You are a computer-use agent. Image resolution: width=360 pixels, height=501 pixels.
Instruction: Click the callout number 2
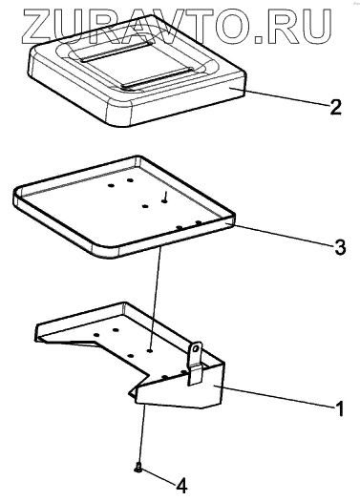336,107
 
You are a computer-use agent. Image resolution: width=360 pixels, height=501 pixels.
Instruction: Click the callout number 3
340,246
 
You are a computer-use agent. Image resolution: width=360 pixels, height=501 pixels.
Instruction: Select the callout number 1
340,408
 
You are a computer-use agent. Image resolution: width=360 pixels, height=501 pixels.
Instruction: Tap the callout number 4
181,486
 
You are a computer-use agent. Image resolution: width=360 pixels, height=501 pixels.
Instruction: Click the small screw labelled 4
138,468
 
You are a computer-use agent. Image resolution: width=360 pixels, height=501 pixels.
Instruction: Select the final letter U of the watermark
315,27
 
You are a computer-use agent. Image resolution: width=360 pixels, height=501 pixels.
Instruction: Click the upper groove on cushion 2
115,51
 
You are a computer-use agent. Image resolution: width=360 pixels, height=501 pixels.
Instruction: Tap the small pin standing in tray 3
165,197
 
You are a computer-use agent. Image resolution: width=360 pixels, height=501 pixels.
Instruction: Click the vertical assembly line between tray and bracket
155,299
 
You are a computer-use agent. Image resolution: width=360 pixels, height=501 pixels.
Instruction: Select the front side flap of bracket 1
181,387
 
